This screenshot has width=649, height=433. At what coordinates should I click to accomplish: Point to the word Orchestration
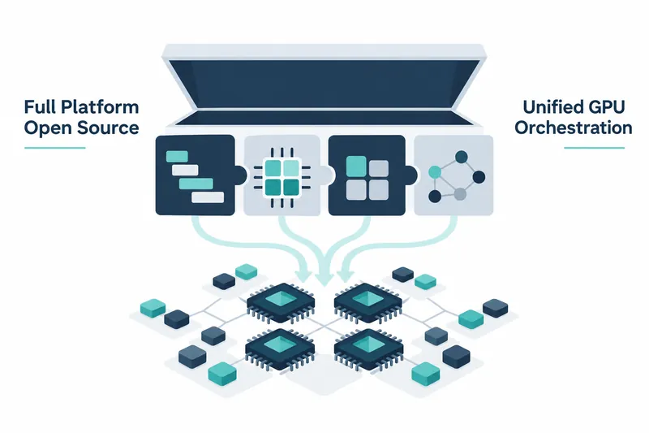574,128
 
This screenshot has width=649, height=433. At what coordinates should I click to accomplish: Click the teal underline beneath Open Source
55,148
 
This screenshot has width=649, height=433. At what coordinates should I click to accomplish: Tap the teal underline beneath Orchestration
595,148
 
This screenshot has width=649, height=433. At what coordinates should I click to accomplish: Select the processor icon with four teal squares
282,177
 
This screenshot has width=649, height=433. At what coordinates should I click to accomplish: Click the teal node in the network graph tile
435,171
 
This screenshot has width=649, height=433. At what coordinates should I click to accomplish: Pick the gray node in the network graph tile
460,194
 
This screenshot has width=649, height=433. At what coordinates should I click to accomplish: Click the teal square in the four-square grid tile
356,167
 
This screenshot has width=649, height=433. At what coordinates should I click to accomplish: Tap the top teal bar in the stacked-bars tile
177,157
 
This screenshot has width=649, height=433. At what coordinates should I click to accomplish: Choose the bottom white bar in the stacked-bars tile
208,197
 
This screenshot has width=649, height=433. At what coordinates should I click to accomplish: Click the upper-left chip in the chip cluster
280,303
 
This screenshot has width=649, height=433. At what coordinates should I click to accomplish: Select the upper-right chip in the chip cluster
367,303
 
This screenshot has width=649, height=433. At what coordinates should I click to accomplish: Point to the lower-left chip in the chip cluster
280,349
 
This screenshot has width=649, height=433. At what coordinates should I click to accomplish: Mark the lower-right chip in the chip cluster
368,349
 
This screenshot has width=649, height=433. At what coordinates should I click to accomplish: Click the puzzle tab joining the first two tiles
241,175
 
